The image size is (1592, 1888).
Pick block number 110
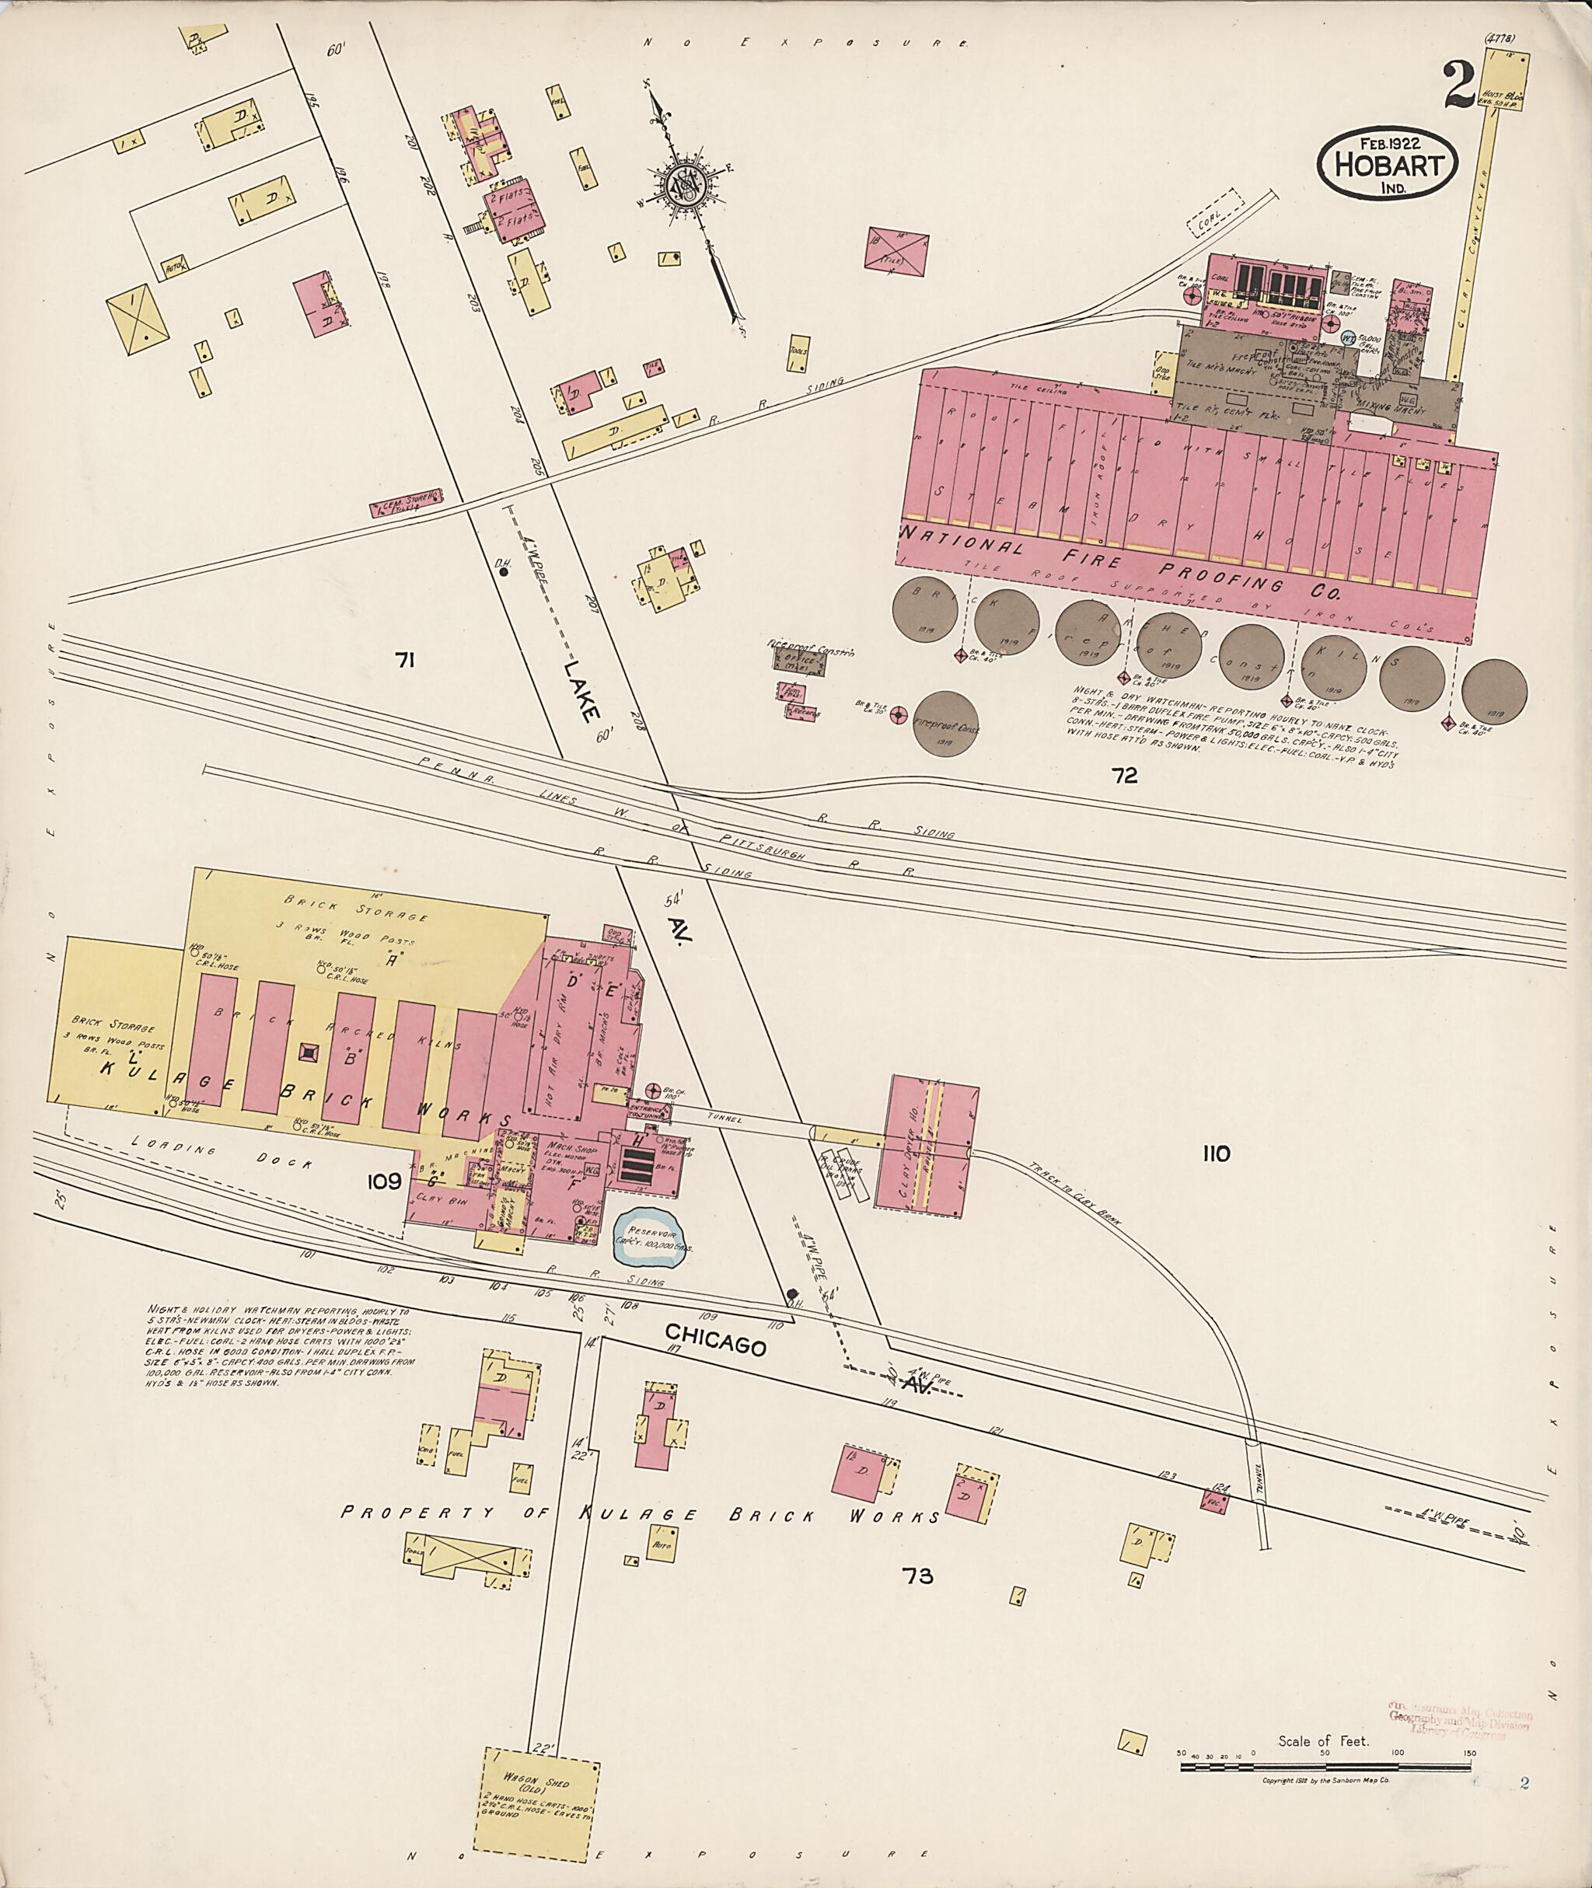coord(1216,1153)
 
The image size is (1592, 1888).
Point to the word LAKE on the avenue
coord(578,689)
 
